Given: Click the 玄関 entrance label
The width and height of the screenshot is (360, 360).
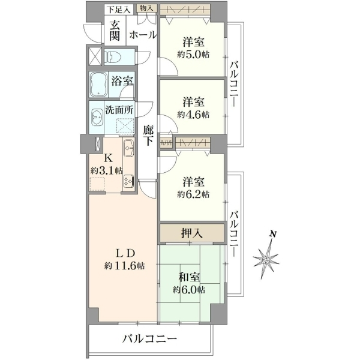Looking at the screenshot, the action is (x=114, y=31).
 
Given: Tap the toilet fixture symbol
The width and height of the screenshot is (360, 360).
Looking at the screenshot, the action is (x=112, y=57).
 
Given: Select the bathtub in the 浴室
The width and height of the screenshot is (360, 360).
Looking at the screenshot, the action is (x=98, y=84).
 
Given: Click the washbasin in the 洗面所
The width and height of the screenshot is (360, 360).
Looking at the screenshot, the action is (x=97, y=117).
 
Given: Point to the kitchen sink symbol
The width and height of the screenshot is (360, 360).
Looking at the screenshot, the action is (x=129, y=148).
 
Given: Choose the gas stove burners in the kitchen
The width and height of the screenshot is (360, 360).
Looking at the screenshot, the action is (x=128, y=181).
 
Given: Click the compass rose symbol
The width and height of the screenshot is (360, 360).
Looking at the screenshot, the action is (x=266, y=259).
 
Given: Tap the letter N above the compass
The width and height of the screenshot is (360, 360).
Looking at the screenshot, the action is (x=273, y=234).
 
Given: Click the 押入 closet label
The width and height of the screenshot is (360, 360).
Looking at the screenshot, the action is (x=192, y=233).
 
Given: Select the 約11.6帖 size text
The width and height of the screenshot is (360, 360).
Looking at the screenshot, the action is (x=125, y=266).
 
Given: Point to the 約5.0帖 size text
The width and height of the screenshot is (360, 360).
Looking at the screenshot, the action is (x=193, y=55).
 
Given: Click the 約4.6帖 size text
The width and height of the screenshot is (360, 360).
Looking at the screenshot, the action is (x=193, y=115).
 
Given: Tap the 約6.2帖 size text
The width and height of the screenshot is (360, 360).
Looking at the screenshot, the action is (x=193, y=194).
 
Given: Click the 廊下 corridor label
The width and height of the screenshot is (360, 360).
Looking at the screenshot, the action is (x=148, y=136).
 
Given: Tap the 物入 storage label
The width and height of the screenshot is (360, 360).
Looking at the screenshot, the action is (x=146, y=8).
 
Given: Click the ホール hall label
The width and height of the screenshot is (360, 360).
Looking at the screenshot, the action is (x=143, y=35).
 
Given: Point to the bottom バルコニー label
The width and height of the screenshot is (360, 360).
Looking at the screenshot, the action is (x=149, y=338).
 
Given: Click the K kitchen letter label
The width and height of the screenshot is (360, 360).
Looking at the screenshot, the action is (x=109, y=158).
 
